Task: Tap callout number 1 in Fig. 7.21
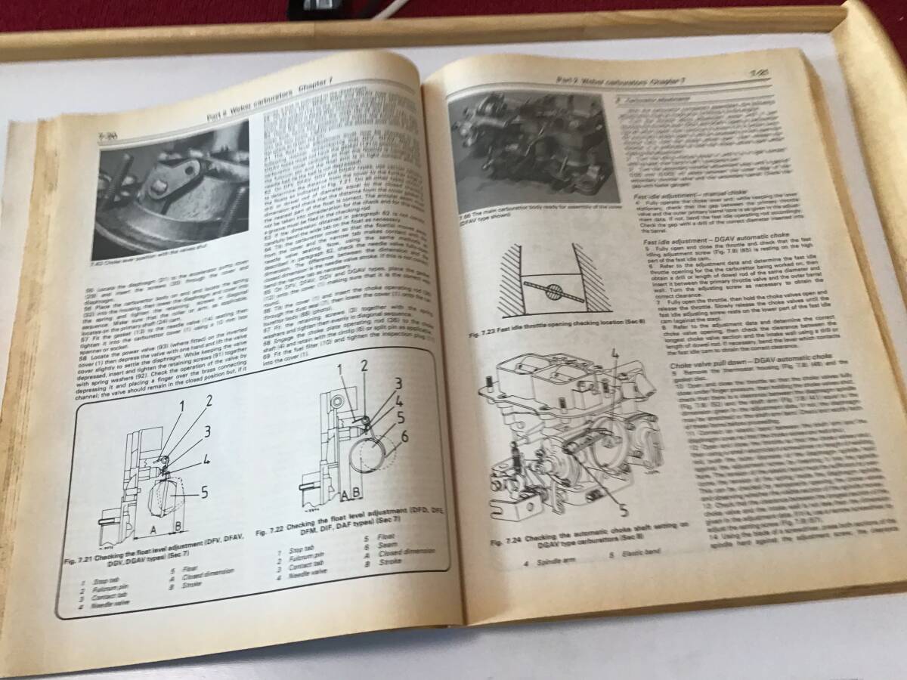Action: tap(181, 407)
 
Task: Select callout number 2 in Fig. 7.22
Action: tap(364, 366)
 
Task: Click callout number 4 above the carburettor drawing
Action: tap(615, 352)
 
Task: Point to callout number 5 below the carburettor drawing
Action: tap(623, 508)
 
